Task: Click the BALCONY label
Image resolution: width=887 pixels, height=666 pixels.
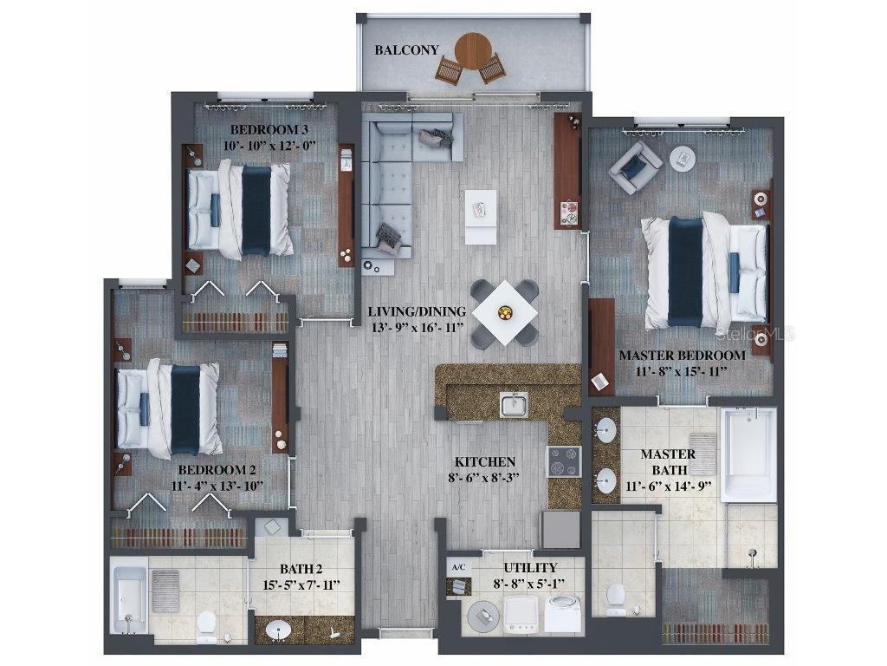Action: pyautogui.click(x=406, y=50)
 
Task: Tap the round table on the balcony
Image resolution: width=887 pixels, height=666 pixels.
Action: pyautogui.click(x=473, y=50)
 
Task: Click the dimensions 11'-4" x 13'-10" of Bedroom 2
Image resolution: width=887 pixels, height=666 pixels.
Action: pyautogui.click(x=217, y=486)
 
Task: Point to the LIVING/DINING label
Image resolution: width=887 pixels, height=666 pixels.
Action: pyautogui.click(x=417, y=311)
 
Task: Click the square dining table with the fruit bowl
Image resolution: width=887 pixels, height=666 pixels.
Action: pyautogui.click(x=505, y=312)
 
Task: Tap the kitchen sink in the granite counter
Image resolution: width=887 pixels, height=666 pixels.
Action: pyautogui.click(x=514, y=404)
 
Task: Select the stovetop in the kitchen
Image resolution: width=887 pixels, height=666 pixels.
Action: pyautogui.click(x=564, y=461)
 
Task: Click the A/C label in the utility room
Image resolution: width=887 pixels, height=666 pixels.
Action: pyautogui.click(x=458, y=567)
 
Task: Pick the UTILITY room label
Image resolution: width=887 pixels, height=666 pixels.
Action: pyautogui.click(x=531, y=567)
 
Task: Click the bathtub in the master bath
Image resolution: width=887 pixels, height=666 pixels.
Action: pyautogui.click(x=748, y=454)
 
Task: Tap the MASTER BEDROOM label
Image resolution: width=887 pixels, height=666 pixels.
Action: pyautogui.click(x=682, y=356)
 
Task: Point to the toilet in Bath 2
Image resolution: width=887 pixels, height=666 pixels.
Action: pyautogui.click(x=207, y=626)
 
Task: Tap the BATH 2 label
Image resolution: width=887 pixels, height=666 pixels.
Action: pyautogui.click(x=301, y=569)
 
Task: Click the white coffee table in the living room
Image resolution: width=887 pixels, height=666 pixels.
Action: pyautogui.click(x=481, y=216)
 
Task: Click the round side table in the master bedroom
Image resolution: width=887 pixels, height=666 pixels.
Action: pyautogui.click(x=683, y=159)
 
